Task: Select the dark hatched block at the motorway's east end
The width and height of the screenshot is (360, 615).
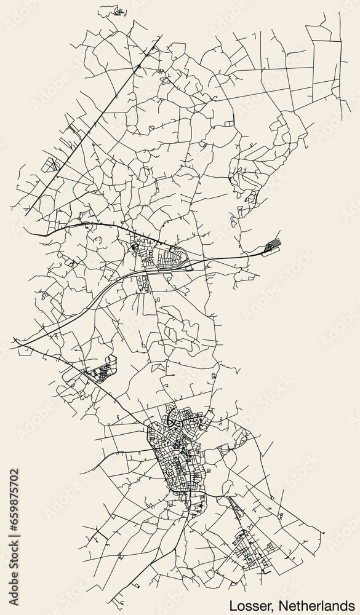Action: [x=271, y=247]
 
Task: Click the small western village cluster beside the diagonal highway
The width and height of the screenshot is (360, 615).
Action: [x=102, y=372]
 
